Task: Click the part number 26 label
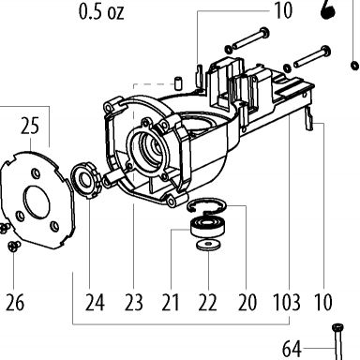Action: click(15, 303)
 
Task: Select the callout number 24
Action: click(95, 303)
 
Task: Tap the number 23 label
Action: click(134, 303)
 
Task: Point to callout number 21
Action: click(171, 303)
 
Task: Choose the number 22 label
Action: click(207, 303)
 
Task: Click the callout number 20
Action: click(247, 303)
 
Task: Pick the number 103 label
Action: click(287, 303)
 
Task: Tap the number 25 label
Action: click(30, 126)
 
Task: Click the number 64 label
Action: click(292, 349)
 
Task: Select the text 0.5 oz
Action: click(101, 12)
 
